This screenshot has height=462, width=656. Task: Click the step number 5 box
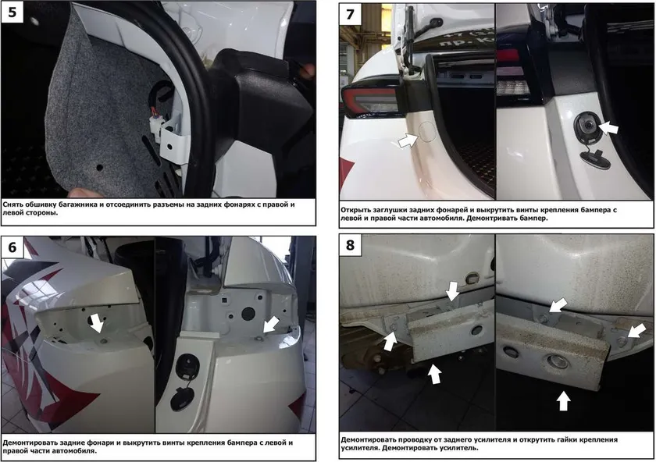(x=12, y=12)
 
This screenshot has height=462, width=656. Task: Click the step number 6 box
(x=12, y=247)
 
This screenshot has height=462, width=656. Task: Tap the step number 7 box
(x=350, y=15)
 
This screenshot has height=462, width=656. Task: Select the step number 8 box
(x=350, y=245)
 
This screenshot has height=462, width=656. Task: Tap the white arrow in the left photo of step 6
(x=97, y=323)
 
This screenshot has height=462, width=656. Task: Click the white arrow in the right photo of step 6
(x=271, y=324)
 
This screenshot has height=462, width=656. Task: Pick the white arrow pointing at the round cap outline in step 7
(x=408, y=140)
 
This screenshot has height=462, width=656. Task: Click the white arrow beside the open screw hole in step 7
(x=608, y=127)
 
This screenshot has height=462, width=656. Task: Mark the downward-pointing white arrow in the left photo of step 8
(x=452, y=291)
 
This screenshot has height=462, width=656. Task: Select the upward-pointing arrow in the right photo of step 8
(x=564, y=400)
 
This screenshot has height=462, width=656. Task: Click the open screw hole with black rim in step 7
(x=587, y=125)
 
